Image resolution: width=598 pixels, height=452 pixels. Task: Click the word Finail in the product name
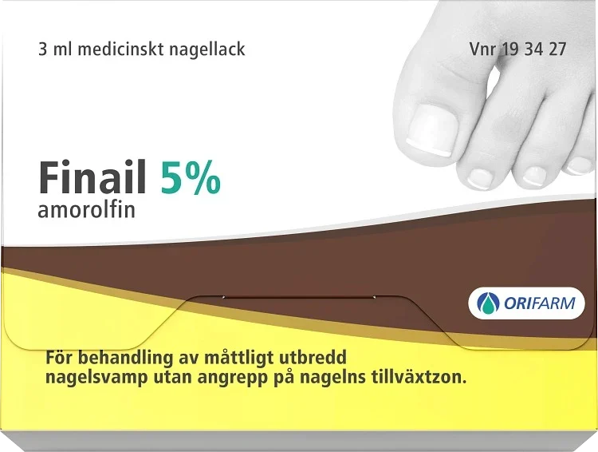(93, 177)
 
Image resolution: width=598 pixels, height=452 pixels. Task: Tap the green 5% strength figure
(190, 177)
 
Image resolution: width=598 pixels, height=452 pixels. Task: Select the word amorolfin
(86, 211)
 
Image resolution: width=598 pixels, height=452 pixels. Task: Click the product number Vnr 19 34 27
(518, 49)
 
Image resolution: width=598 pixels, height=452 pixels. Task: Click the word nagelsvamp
(85, 377)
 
